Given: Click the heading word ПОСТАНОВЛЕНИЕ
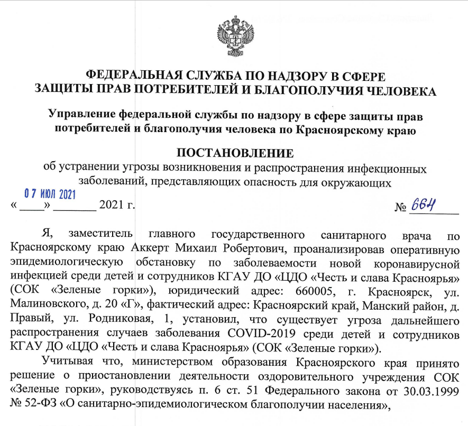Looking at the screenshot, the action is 234,154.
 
